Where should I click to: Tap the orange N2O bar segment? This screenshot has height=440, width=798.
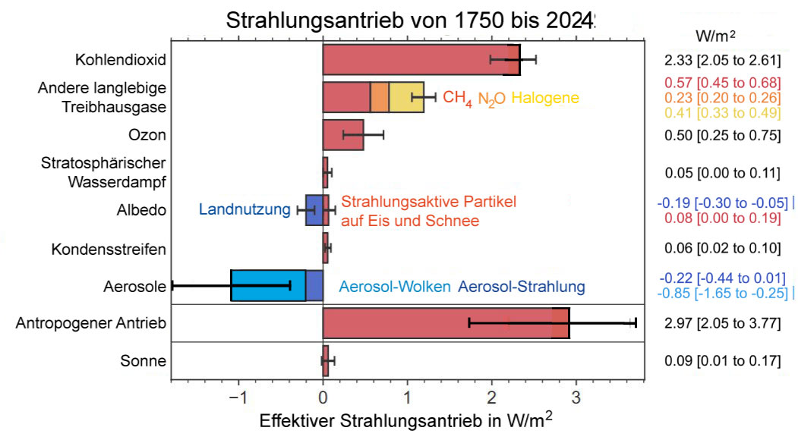(x=380, y=97)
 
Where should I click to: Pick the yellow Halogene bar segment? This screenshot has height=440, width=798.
(x=406, y=97)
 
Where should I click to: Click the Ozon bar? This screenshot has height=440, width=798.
(x=343, y=135)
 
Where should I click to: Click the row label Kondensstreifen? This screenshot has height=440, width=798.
(x=109, y=249)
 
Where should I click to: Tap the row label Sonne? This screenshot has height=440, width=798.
(x=143, y=361)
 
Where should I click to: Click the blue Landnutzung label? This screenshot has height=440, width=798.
(x=244, y=210)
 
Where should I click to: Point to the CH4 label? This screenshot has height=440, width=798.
(x=457, y=99)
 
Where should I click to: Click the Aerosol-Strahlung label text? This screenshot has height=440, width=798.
(x=522, y=287)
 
